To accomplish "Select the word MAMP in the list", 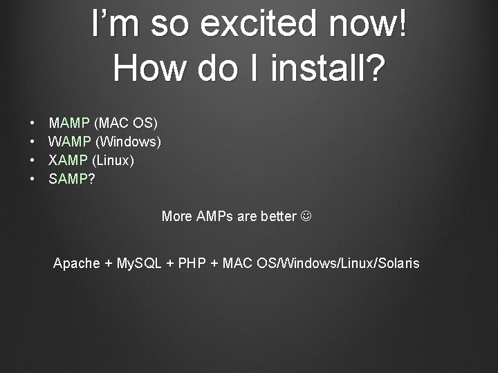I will [69, 124].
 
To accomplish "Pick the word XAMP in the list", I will [68, 161].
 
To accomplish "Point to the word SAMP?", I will [71, 180].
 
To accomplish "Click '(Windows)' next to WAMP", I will [128, 142].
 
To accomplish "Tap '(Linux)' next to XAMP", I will [113, 161].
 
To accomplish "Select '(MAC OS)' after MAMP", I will [125, 124].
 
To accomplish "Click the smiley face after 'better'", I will [306, 217].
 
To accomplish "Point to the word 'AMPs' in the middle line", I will [215, 217].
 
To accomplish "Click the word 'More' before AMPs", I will [176, 217].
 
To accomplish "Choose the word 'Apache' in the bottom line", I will [76, 263].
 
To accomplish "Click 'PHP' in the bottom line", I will [192, 263].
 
